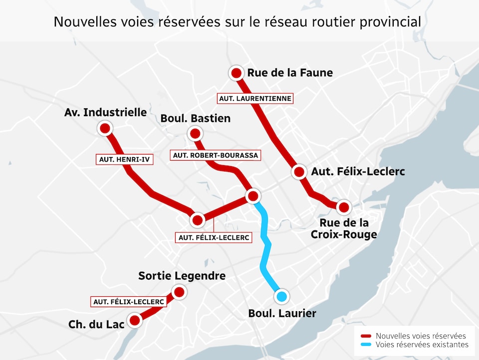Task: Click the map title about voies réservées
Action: tap(238, 22)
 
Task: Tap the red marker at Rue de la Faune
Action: tap(236, 73)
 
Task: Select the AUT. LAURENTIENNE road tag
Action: tap(255, 98)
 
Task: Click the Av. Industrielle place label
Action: tap(106, 112)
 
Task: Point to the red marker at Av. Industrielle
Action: tap(105, 129)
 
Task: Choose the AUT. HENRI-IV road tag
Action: tap(125, 160)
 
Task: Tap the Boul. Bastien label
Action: tap(196, 118)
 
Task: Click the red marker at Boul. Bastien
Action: tap(195, 134)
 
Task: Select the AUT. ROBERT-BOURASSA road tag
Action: tap(216, 155)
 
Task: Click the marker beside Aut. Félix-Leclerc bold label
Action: tap(299, 172)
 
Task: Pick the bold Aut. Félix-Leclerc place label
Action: tap(358, 172)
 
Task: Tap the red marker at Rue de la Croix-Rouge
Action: tap(343, 206)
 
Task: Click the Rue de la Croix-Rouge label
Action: tap(344, 228)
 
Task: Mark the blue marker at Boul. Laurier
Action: tap(282, 297)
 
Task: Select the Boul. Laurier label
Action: tap(282, 314)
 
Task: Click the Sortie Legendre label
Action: tap(182, 276)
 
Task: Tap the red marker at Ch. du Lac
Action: tap(135, 320)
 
